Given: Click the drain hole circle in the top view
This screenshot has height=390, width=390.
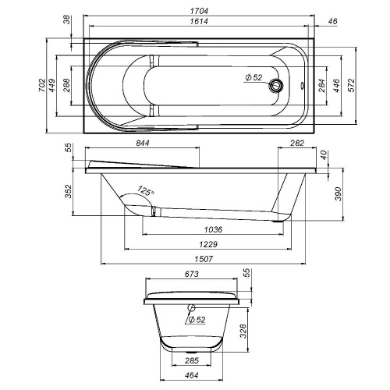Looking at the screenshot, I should (x=275, y=86).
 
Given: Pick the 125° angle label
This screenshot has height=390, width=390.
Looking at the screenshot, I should (x=145, y=190).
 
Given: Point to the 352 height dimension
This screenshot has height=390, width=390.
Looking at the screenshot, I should (x=69, y=190).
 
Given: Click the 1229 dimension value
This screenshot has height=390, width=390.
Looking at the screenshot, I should (x=207, y=244).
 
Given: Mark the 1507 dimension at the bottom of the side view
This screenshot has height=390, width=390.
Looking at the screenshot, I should (x=207, y=258).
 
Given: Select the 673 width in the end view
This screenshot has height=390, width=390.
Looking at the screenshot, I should (x=192, y=275).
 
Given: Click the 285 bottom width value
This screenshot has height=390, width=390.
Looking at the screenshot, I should (x=192, y=360).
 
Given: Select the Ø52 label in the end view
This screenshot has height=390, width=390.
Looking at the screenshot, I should (x=197, y=319).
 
